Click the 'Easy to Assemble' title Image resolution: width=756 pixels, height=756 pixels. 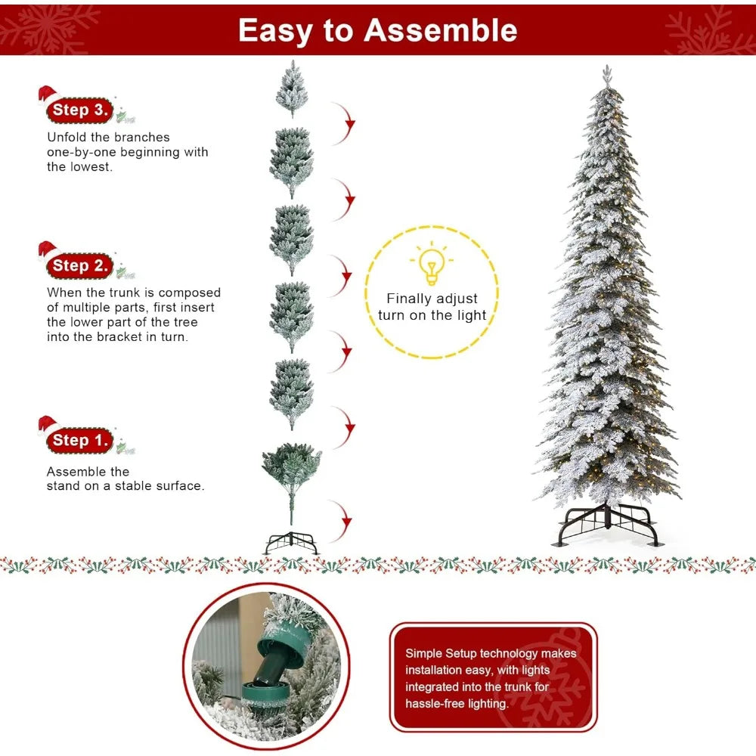pos(377,30)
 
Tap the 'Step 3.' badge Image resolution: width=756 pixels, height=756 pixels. pos(79,110)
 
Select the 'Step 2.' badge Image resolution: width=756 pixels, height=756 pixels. pos(79,265)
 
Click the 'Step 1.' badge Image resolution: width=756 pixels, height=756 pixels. pos(79,440)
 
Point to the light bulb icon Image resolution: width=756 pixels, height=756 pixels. pos(431,265)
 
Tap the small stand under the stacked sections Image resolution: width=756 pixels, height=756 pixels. pos(291,543)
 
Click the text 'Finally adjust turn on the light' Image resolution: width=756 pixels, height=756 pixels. pos(432,307)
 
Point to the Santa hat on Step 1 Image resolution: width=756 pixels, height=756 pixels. pos(48,425)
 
